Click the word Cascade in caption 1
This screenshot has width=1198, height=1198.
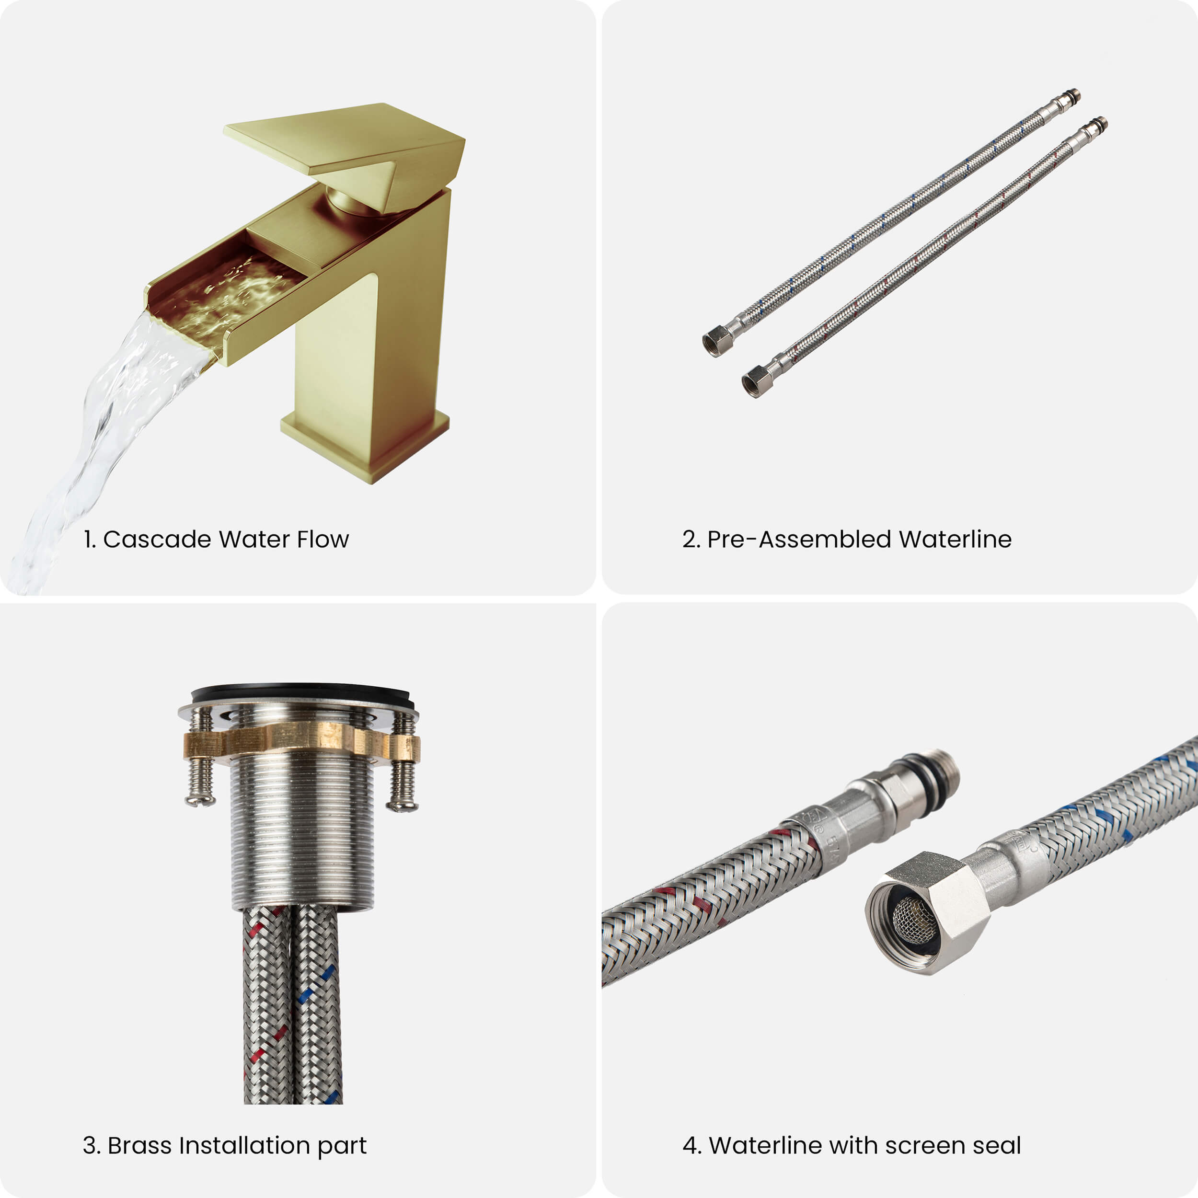[157, 540]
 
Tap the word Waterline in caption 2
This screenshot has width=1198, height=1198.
[955, 540]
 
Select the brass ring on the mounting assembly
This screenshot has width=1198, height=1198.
[301, 742]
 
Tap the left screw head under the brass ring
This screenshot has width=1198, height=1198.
[200, 800]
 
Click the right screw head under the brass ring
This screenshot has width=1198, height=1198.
[402, 804]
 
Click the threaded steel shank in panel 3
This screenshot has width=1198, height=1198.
[302, 834]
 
